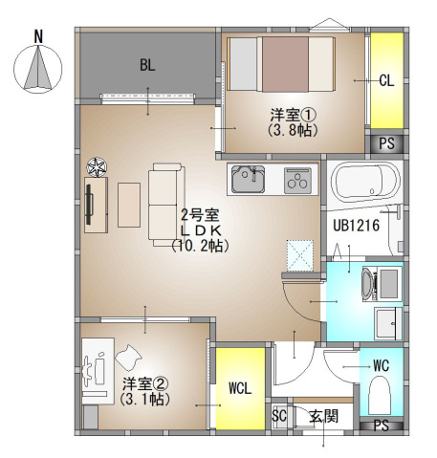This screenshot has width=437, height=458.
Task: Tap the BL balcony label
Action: click(147, 65)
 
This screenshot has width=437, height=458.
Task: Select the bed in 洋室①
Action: click(281, 64)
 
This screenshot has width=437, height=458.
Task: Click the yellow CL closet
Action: click(387, 80)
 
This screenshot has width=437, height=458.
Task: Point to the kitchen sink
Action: click(248, 179)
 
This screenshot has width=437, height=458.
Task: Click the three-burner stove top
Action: click(297, 181)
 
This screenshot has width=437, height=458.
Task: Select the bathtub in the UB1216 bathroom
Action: click(365, 182)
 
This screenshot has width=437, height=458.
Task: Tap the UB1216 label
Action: click(357, 226)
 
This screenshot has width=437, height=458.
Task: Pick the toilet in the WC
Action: click(380, 396)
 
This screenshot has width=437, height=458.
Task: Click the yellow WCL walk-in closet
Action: click(240, 388)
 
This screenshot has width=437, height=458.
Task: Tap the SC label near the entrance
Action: click(279, 416)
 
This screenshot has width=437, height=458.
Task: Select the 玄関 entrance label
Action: click(323, 416)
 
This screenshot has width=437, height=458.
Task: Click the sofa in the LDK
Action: click(165, 205)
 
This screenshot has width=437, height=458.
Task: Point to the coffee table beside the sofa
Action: click(129, 205)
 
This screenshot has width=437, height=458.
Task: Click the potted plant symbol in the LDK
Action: click(97, 167)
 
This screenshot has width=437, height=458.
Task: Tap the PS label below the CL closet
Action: click(386, 143)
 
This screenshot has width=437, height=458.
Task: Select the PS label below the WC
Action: click(382, 425)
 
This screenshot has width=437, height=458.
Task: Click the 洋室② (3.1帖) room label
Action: click(145, 392)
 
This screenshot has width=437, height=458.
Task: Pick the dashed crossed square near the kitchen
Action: click(300, 255)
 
